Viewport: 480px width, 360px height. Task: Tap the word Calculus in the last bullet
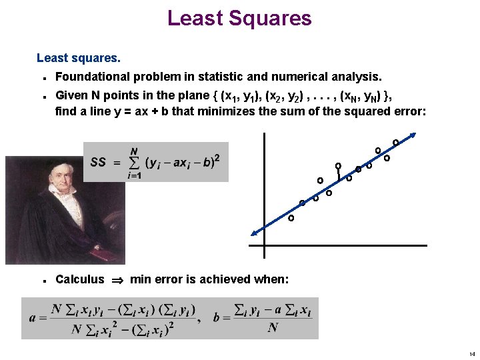click(x=80, y=279)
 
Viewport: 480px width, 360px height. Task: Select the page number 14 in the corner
click(x=471, y=353)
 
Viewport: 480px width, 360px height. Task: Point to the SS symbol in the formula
click(x=98, y=163)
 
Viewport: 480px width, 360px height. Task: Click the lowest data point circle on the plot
click(x=291, y=218)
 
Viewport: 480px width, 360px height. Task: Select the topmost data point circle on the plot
click(x=395, y=142)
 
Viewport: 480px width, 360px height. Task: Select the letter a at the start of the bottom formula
click(x=33, y=317)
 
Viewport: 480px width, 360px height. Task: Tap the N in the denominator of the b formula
click(x=273, y=327)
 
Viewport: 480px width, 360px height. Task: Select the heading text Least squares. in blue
click(x=79, y=59)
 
